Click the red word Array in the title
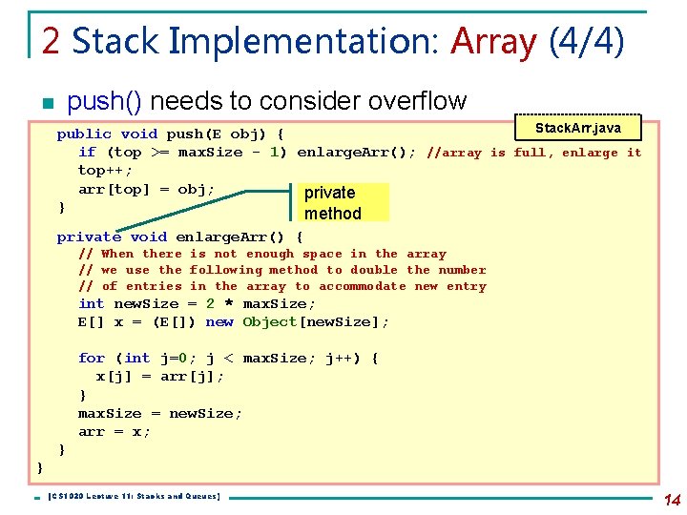click(x=494, y=41)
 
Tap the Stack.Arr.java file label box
click(x=578, y=128)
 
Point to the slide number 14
click(x=672, y=499)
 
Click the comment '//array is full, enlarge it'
click(x=534, y=153)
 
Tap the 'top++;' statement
click(x=105, y=171)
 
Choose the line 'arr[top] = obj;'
click(x=147, y=189)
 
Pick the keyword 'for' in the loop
click(x=92, y=359)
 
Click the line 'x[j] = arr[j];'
click(x=160, y=377)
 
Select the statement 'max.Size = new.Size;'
click(x=160, y=413)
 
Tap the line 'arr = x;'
click(x=114, y=431)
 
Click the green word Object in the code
click(x=270, y=322)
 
